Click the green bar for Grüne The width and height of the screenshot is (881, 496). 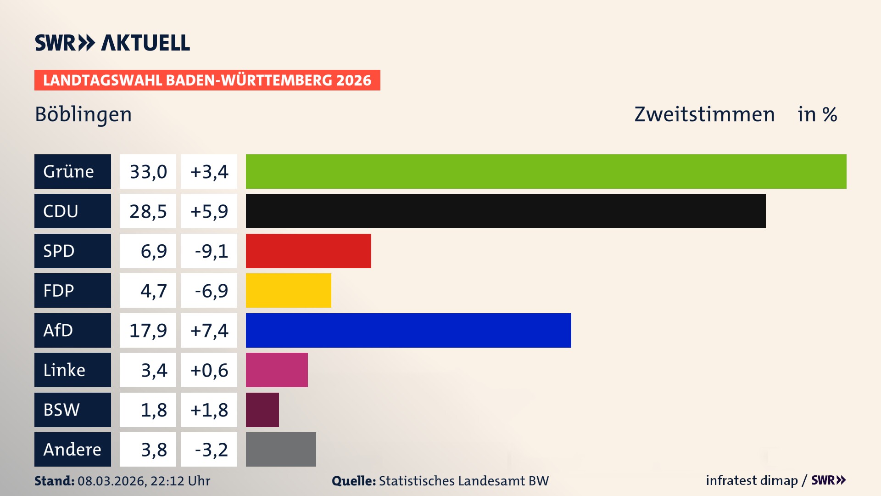point(546,171)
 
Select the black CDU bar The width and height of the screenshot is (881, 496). point(506,211)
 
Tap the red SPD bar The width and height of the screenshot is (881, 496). point(308,251)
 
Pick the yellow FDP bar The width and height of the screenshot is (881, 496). point(288,290)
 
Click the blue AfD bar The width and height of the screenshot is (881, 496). point(408,330)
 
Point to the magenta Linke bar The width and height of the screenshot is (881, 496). point(277,370)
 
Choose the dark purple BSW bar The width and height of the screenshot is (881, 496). point(262,410)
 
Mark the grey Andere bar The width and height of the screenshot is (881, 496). point(281,449)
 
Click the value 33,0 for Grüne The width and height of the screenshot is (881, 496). point(148,172)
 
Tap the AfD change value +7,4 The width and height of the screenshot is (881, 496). point(209,331)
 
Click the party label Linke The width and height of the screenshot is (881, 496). point(64,370)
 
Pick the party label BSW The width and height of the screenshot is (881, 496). point(61,410)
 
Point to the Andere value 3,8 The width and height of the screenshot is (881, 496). point(154,450)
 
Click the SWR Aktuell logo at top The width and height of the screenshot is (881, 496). point(112,43)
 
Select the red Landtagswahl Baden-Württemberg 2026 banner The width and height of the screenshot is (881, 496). point(207,80)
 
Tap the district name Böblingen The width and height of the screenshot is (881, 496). point(84,114)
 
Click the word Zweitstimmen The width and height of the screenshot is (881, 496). point(704,114)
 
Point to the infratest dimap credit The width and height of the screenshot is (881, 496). point(752,480)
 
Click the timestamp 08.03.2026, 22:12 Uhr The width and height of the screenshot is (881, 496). point(144,481)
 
